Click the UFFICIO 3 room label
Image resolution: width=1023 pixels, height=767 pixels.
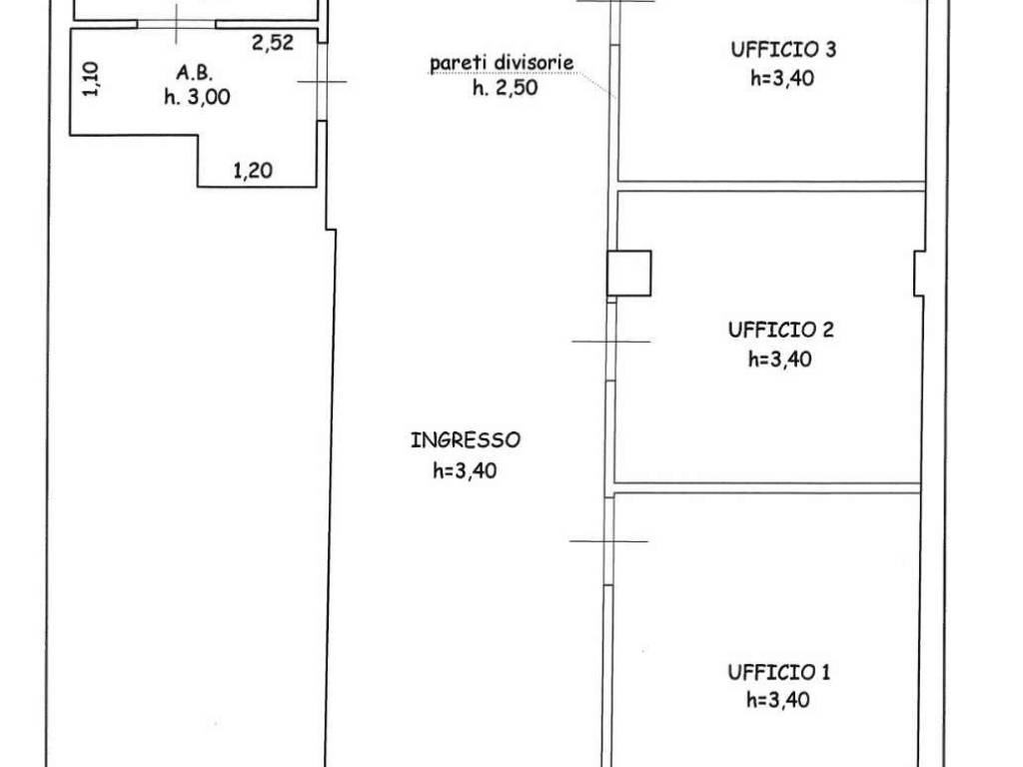pos(783,50)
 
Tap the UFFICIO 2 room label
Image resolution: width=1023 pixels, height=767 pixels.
pos(781,330)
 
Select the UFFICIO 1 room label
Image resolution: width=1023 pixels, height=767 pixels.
pos(779,672)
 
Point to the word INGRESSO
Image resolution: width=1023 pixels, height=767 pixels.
pos(466,440)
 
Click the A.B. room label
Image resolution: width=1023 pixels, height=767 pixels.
pos(195,72)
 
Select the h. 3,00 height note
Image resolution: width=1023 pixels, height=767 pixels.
pos(197,97)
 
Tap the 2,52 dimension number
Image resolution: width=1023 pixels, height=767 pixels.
pos(273,43)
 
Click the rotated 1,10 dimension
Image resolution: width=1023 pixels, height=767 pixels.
pos(91,79)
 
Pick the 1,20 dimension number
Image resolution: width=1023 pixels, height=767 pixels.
pos(253,171)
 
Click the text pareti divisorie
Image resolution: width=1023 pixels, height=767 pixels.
pos(502,63)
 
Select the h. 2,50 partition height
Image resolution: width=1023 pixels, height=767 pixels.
pos(505,88)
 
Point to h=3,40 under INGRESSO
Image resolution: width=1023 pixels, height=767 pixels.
pos(465,470)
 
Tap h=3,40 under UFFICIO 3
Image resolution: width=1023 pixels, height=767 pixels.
pos(782,78)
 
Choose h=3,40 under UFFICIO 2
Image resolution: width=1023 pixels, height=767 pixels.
pos(780,359)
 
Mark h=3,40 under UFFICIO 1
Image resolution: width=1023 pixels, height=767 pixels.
pos(778,700)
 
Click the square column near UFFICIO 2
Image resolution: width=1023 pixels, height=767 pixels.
pos(629,274)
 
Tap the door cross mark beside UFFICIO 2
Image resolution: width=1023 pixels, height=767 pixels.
pos(611,342)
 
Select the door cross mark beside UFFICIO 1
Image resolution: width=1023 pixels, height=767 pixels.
pos(608,540)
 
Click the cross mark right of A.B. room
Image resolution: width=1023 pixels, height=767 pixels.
pos(322,82)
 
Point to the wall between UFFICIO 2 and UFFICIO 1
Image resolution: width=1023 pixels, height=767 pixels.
pos(767,487)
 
